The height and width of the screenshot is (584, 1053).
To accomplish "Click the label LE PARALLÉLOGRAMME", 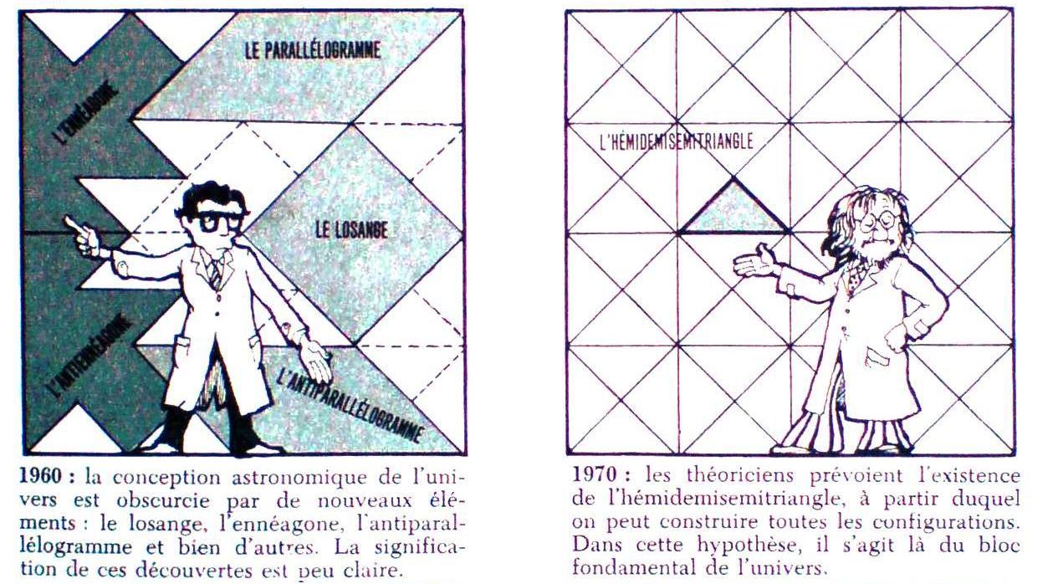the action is (x=313, y=51).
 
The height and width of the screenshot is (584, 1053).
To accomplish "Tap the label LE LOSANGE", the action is (x=351, y=230).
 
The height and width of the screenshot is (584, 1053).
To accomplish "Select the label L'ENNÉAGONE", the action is (x=85, y=111).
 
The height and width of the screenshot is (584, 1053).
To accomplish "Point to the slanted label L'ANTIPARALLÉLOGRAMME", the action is (x=350, y=407).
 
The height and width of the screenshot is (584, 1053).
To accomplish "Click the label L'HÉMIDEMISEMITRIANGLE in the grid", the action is (x=677, y=141).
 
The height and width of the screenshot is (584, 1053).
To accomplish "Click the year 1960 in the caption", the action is (x=40, y=476).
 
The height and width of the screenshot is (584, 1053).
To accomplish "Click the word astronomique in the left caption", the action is (x=299, y=477).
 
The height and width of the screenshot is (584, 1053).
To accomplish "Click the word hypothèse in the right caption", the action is (x=748, y=546).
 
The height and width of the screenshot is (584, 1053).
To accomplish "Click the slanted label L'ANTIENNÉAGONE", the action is (x=89, y=360).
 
